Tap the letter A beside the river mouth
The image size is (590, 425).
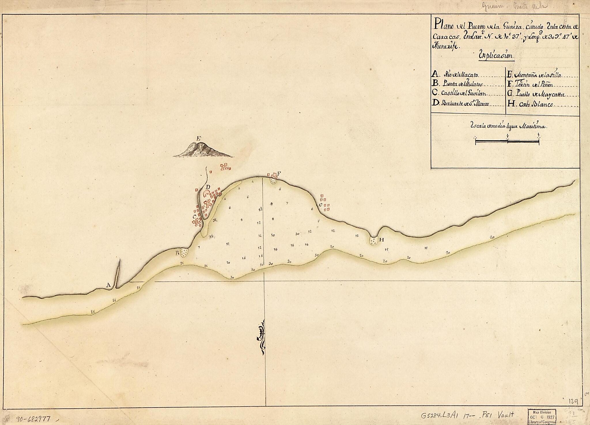click(x=108, y=285)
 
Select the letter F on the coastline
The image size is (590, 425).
click(x=279, y=173)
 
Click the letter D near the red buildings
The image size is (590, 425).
click(x=208, y=187)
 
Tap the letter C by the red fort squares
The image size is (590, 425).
click(x=194, y=216)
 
